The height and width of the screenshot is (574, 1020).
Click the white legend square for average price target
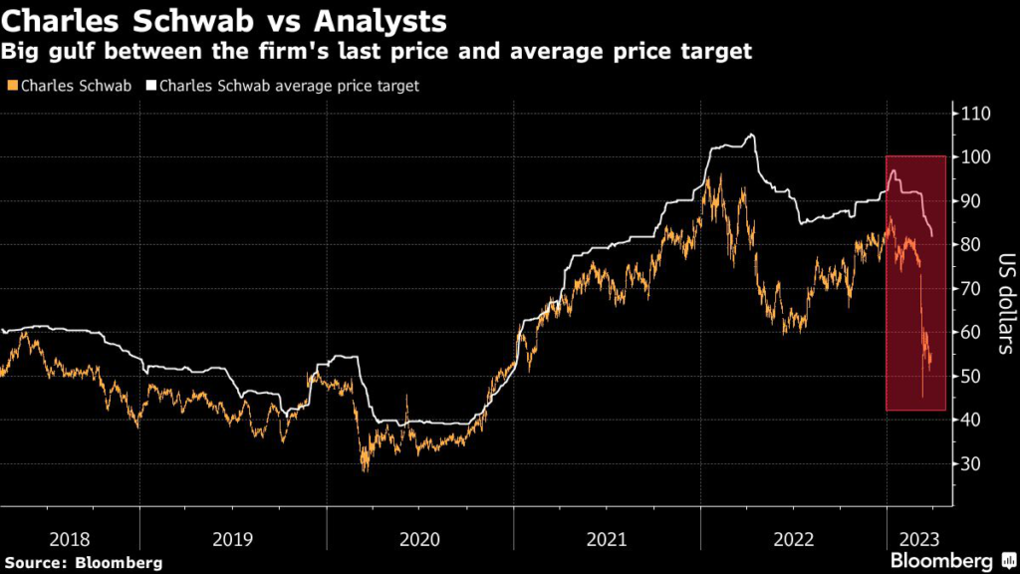point(152,87)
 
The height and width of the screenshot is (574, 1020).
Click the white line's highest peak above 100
point(751,135)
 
